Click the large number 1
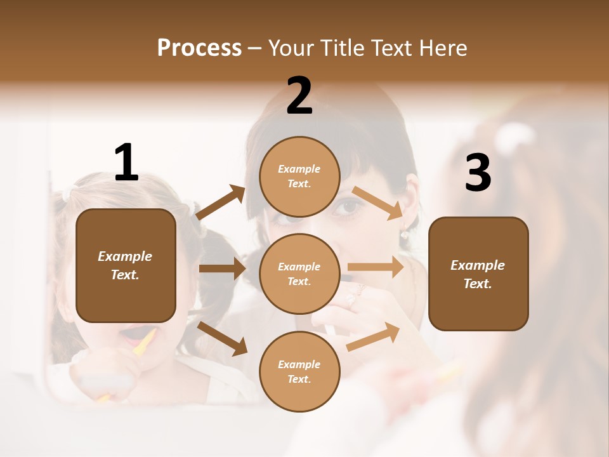click(x=126, y=163)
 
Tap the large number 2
click(x=299, y=96)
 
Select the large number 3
click(x=478, y=173)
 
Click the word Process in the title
click(x=199, y=48)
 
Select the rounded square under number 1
click(x=126, y=265)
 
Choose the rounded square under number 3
click(x=478, y=274)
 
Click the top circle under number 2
click(x=299, y=176)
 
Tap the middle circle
click(x=299, y=274)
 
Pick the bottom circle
click(x=299, y=371)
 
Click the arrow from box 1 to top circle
click(x=221, y=202)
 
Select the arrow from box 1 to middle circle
click(x=222, y=268)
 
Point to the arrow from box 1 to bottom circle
click(x=223, y=338)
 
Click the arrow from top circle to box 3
click(x=377, y=202)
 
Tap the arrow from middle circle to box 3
click(x=376, y=267)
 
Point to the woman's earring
click(x=403, y=235)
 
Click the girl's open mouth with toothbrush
click(x=135, y=334)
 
